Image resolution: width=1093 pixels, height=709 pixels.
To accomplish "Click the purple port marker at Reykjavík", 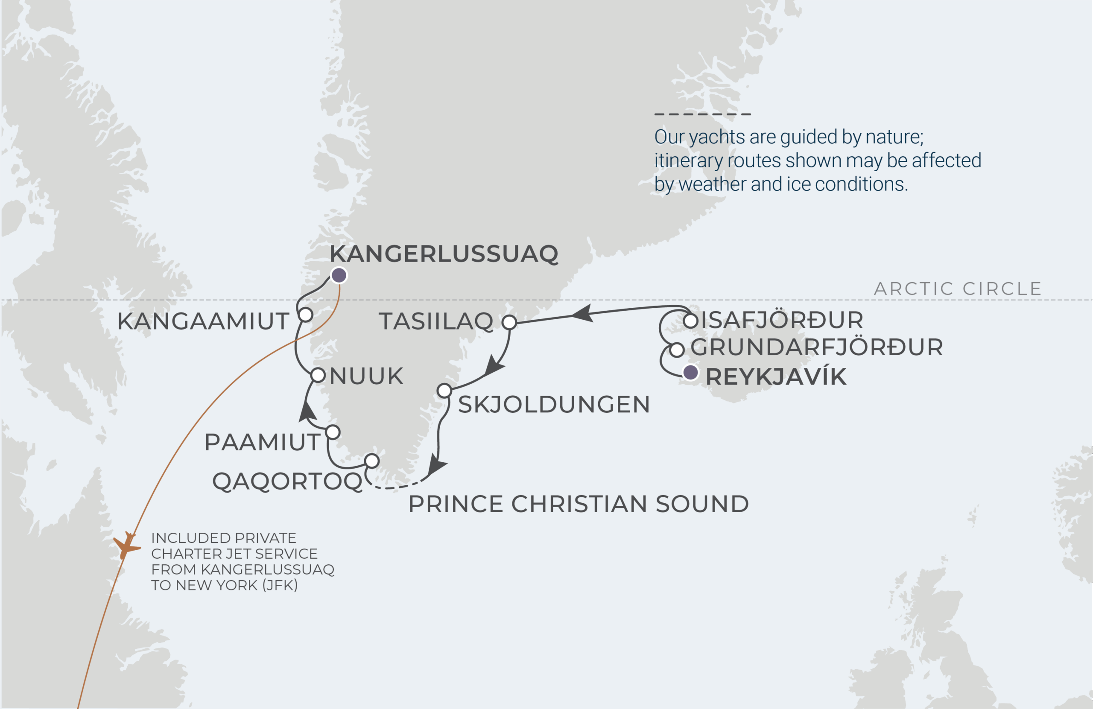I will (690, 372).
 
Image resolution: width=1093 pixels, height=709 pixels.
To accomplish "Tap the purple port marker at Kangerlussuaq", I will (339, 275).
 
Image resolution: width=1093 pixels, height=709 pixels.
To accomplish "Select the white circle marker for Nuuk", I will (318, 375).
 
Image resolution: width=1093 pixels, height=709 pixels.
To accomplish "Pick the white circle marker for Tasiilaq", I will (509, 322).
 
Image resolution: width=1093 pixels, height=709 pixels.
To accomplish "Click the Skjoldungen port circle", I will (444, 391).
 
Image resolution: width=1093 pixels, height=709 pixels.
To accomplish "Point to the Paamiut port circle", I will (333, 432).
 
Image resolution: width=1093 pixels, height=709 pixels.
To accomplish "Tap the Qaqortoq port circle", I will (371, 461).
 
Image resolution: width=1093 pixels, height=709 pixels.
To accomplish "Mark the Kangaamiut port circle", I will (305, 315).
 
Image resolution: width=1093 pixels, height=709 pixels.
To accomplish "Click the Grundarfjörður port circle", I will (676, 350).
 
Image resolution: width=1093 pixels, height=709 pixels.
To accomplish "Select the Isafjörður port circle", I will (690, 321).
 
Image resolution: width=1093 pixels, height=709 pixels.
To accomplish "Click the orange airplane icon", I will (126, 545).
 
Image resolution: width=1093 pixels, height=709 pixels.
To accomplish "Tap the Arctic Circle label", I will (958, 289).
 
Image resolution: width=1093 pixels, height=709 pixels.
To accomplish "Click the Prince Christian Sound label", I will (579, 504).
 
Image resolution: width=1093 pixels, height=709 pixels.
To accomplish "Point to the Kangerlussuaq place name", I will (444, 254).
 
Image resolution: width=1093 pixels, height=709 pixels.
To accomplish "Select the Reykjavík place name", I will (776, 376).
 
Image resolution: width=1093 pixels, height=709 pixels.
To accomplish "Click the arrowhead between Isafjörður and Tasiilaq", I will (582, 314).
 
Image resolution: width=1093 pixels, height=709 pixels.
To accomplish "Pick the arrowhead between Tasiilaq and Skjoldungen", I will (494, 365).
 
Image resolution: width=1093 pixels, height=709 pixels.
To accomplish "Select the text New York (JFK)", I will (237, 585).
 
